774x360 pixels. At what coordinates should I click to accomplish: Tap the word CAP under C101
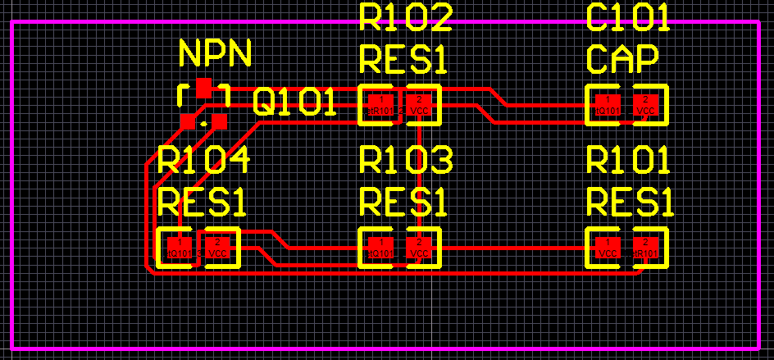point(623,59)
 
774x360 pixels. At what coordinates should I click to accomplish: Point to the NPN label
point(215,54)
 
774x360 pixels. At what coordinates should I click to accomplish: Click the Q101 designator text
point(294,103)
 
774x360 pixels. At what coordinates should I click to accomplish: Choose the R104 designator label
point(204,161)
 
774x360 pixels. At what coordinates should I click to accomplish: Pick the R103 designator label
point(406,161)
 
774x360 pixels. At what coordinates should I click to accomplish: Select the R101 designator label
point(629,161)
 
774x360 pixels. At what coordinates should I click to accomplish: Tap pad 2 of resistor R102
point(420,105)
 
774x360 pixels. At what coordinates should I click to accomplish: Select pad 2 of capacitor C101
point(646,105)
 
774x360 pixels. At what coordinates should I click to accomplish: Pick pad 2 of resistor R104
point(217,248)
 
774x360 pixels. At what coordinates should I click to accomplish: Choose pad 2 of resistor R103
point(419,248)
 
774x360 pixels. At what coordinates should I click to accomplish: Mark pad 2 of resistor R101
point(646,248)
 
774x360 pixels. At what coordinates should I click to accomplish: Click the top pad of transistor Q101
point(204,86)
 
